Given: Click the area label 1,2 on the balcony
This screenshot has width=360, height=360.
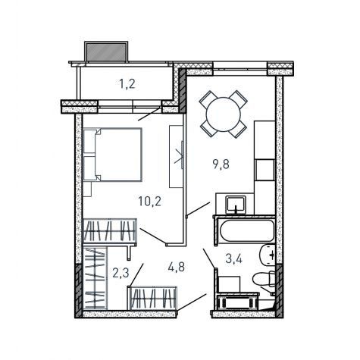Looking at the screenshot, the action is [x=127, y=84].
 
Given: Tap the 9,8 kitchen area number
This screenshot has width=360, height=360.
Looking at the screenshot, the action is [x=221, y=164].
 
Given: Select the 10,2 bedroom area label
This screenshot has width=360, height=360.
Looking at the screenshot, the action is [x=149, y=202].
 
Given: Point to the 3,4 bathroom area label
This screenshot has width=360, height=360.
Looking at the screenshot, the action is [x=234, y=258].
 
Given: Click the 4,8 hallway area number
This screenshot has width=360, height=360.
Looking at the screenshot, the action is [x=177, y=267].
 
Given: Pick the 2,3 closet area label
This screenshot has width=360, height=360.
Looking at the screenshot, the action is [x=121, y=273].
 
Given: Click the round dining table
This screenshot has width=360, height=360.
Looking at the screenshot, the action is [x=224, y=114].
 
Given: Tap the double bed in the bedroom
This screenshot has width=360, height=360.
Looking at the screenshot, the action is [x=112, y=155].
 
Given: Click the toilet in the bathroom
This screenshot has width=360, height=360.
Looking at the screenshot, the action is [x=264, y=280].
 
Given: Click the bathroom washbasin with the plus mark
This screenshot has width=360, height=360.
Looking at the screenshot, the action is [x=268, y=255].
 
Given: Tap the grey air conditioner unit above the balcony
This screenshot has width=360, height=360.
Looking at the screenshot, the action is [x=106, y=52].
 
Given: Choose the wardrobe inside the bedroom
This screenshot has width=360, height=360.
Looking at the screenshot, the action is [x=110, y=230].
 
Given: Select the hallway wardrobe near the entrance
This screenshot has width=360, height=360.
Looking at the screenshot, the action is [x=153, y=298].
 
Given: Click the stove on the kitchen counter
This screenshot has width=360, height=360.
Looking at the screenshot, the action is [x=265, y=170].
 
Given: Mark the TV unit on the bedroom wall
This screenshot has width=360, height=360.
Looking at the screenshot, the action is [x=176, y=156].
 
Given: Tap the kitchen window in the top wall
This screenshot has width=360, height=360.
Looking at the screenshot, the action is [x=239, y=68].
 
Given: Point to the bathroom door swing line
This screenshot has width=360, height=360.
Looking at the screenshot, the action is [x=210, y=258].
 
